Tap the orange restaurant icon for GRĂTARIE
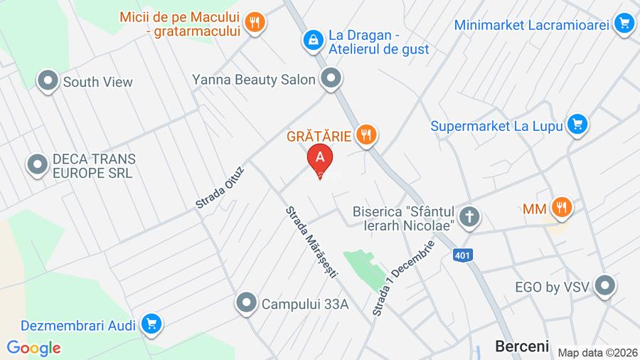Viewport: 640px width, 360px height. click(366, 134)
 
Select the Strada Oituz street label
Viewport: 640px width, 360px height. click(220, 187)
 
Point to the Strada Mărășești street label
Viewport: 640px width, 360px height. click(311, 242)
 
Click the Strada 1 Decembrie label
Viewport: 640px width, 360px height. click(403, 278)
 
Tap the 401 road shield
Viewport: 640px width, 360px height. click(462, 255)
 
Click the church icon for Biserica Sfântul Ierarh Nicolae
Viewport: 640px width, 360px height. click(469, 217)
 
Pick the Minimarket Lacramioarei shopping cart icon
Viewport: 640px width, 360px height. click(624, 24)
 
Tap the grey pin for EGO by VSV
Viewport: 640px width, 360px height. click(605, 286)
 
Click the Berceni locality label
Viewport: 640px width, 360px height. click(522, 346)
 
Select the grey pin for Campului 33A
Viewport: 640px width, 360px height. click(247, 303)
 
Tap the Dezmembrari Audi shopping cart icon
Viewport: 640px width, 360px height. click(151, 324)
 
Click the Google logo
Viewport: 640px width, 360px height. click(33, 348)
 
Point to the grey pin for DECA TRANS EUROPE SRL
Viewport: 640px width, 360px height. click(37, 165)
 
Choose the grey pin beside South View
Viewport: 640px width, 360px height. click(48, 81)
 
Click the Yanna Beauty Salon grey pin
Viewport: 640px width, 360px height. click(331, 79)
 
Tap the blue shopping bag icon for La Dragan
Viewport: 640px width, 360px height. click(312, 41)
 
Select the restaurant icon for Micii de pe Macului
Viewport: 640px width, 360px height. click(254, 23)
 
